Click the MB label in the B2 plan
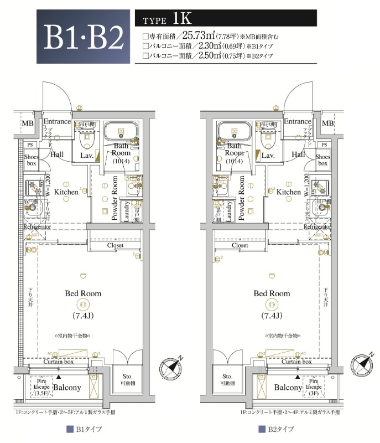327,123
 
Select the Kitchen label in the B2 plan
289,192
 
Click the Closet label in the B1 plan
115,245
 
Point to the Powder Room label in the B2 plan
242,198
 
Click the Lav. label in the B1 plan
87,156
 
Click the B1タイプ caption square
70,429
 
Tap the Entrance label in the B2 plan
298,122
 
